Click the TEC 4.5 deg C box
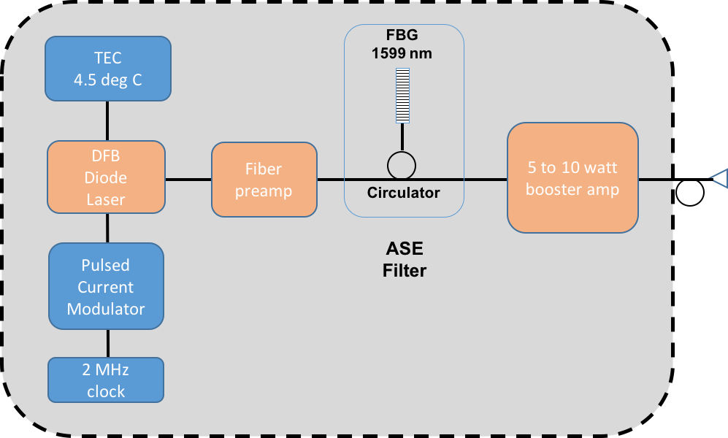coord(108,69)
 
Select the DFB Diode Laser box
coord(106,177)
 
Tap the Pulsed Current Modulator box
coord(106,286)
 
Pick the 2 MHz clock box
coord(106,380)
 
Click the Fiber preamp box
coord(264,180)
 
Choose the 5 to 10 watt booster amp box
coord(572,178)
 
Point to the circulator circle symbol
coord(401,166)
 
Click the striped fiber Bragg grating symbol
coord(402,96)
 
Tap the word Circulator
coord(403,193)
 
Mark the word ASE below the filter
coord(404,250)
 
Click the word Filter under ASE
coord(404,271)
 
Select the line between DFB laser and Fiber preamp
coord(188,179)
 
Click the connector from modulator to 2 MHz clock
coord(107,343)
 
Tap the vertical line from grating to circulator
coord(402,137)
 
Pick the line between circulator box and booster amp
coord(486,179)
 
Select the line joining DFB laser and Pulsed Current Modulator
coord(107,228)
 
